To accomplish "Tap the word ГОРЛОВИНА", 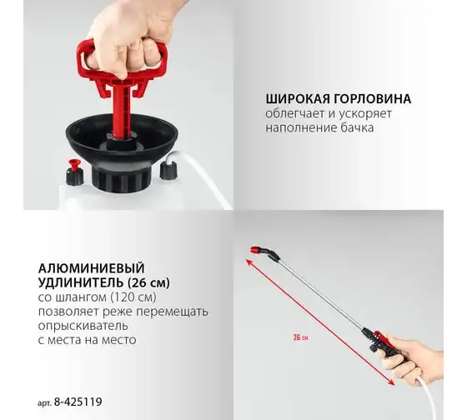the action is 372,99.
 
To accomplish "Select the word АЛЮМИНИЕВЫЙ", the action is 92,268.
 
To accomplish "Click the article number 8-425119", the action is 78,402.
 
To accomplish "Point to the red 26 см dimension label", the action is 300,337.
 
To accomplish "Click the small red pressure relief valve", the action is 74,165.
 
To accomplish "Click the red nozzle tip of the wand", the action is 255,250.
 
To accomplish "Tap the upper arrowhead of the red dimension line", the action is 249,262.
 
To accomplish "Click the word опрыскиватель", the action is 83,325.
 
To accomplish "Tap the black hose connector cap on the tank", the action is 168,170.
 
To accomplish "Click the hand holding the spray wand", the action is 413,358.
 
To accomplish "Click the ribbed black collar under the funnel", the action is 122,179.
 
